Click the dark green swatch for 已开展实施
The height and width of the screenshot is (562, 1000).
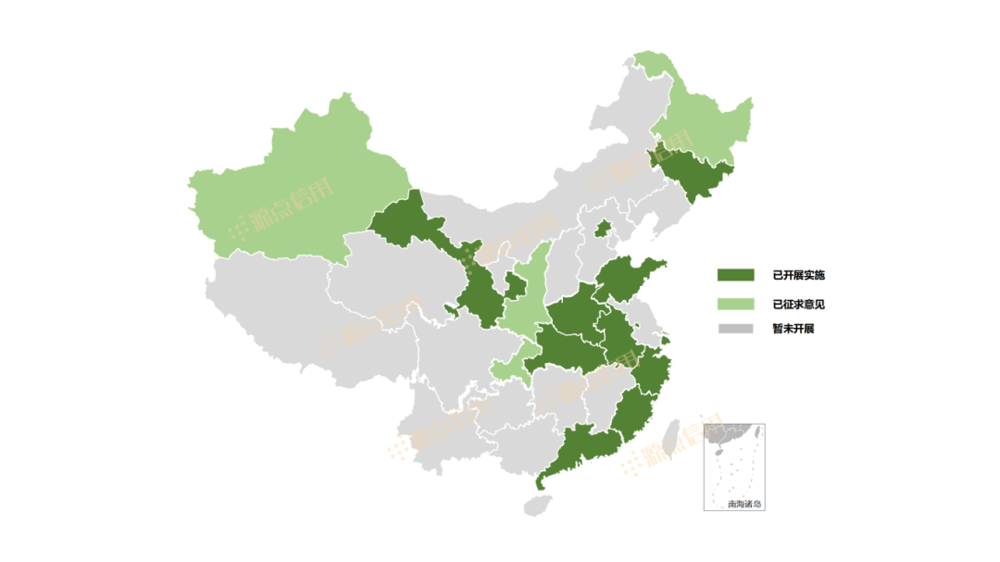click(x=735, y=275)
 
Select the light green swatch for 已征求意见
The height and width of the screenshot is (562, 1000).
click(x=735, y=303)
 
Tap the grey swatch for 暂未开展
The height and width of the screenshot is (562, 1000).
click(x=735, y=329)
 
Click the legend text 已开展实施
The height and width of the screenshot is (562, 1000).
click(x=798, y=275)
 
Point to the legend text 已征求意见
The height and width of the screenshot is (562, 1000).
click(x=798, y=303)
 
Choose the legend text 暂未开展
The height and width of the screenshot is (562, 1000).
click(x=793, y=329)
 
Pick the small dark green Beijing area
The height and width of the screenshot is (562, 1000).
click(x=603, y=228)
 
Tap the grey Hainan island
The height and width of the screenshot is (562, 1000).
click(x=536, y=505)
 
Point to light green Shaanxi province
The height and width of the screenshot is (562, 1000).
click(x=527, y=296)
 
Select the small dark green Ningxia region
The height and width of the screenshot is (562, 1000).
click(x=512, y=286)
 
